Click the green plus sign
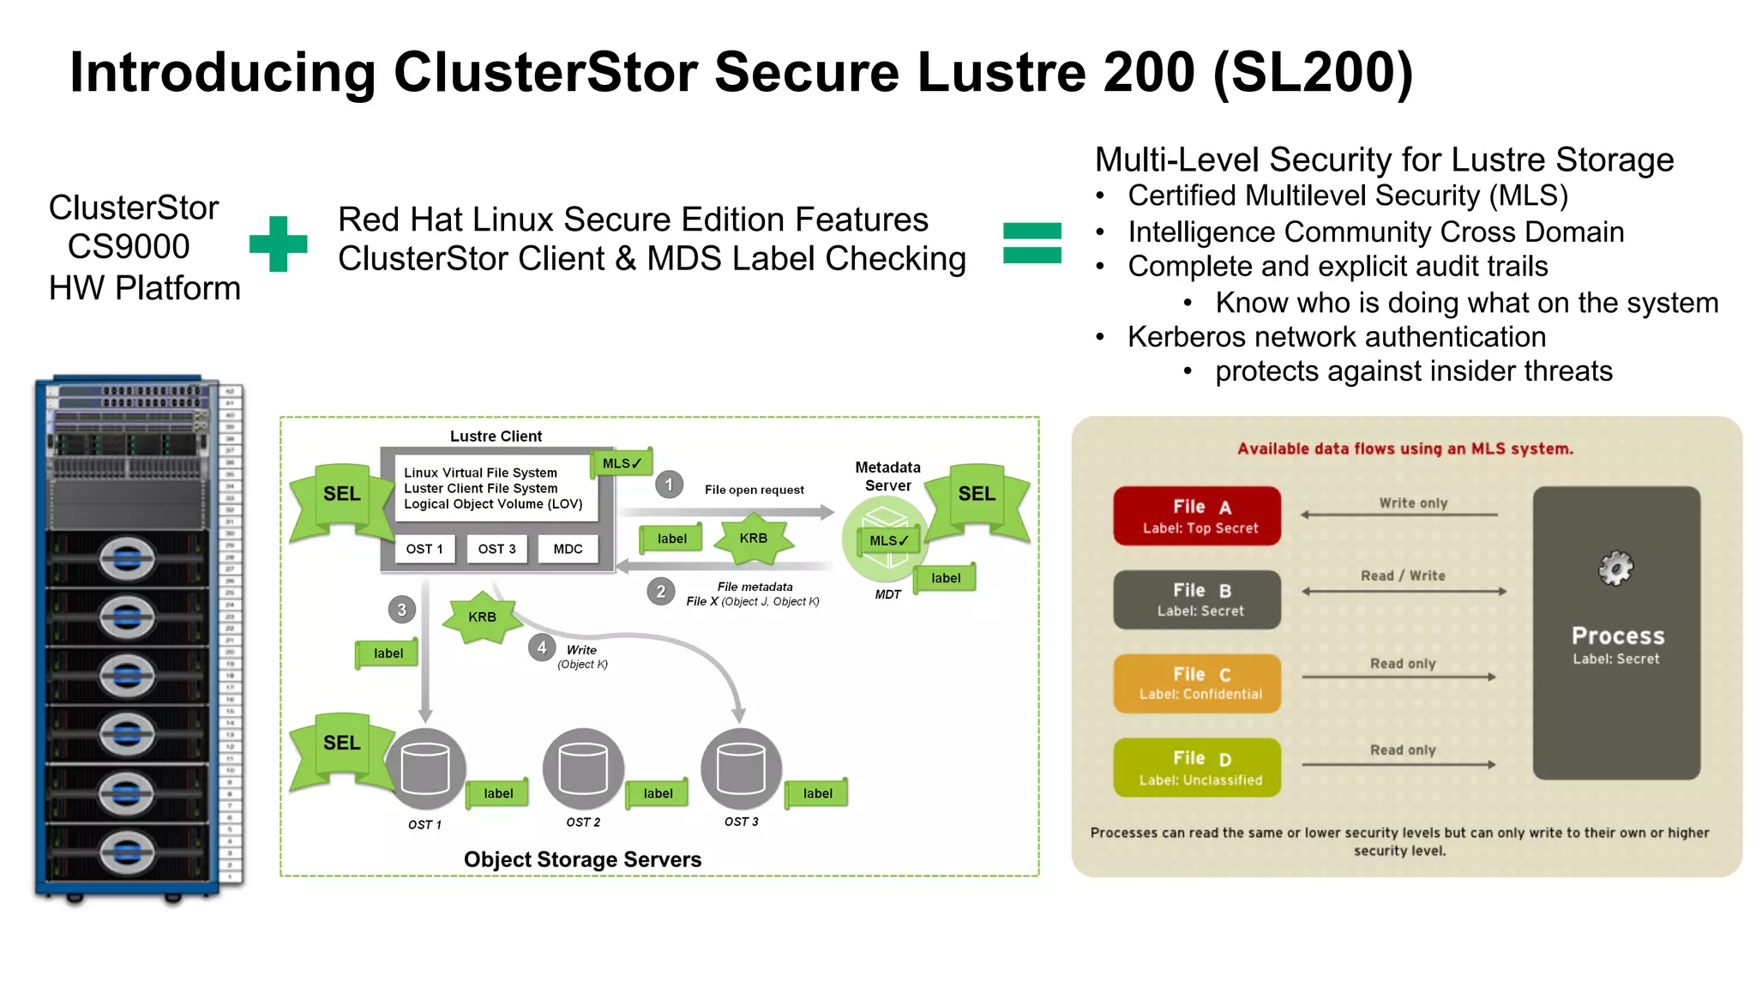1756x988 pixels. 278,244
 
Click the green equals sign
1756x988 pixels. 1031,243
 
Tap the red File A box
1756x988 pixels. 1197,516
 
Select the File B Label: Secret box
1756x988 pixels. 1197,599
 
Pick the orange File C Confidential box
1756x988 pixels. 1197,684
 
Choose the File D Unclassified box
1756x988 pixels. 1197,768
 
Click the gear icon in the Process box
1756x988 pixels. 1615,568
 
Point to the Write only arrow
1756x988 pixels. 1399,515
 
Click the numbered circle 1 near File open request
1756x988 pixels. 670,485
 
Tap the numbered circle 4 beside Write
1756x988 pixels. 541,648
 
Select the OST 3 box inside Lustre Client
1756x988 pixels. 496,549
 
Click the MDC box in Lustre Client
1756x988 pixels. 568,549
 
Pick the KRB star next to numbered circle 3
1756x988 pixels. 482,617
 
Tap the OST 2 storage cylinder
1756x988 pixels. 583,768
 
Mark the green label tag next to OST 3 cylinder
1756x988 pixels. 817,793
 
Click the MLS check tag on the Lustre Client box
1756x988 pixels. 622,463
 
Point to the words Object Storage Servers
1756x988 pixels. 582,859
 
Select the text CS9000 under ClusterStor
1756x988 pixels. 129,247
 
